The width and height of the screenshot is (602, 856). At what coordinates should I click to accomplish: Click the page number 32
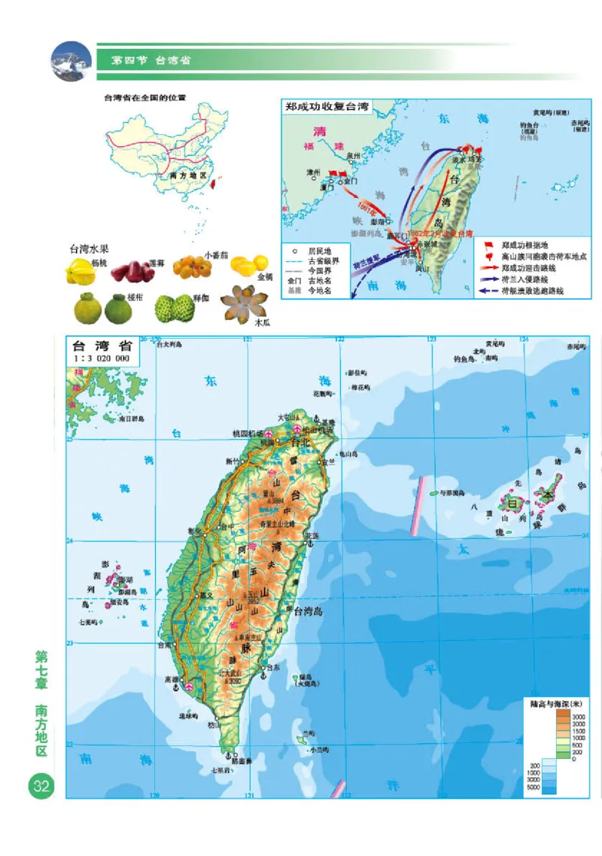point(39,787)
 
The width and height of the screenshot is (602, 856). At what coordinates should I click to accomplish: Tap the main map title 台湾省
point(102,346)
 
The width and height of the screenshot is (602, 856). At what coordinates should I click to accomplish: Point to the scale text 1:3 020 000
point(102,359)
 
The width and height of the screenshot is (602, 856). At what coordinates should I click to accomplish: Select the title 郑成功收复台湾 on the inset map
point(327,107)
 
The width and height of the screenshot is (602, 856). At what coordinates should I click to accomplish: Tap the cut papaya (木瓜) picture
point(240,302)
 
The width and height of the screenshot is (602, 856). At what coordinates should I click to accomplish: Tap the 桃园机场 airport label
point(248,434)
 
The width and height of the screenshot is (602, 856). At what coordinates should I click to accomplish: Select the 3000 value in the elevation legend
point(582,716)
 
